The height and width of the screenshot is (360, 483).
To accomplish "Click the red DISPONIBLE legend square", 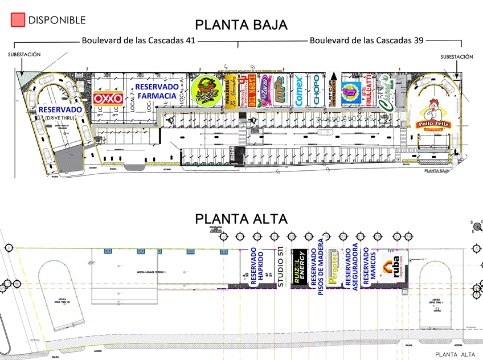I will point(18,20).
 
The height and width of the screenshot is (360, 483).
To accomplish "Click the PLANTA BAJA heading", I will point(241,25).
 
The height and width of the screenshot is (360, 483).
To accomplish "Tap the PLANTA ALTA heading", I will point(241,219).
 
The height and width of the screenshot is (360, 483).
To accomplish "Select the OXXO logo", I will point(108,99).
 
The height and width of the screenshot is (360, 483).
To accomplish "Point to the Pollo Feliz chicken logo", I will point(434,114).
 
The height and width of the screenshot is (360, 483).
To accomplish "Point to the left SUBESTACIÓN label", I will point(24,55).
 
